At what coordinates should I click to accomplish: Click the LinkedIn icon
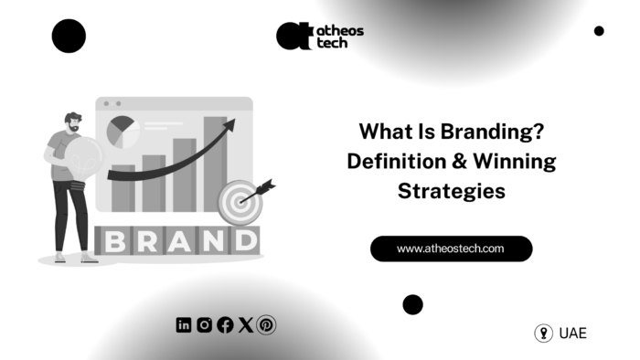click(x=184, y=324)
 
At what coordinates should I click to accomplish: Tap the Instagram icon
click(x=205, y=324)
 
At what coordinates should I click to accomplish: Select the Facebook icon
click(x=225, y=324)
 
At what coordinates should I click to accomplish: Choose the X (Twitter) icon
click(x=245, y=324)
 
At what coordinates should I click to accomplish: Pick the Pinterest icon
click(x=266, y=324)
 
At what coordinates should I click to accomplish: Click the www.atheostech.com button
click(x=451, y=249)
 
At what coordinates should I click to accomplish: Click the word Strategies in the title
click(x=451, y=192)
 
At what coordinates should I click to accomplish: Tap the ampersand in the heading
click(x=452, y=163)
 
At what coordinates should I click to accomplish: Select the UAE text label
click(x=573, y=334)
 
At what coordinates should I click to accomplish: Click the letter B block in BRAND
click(x=115, y=241)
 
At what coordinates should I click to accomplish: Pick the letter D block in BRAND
click(x=241, y=241)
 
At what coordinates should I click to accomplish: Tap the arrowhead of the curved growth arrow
click(x=229, y=125)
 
